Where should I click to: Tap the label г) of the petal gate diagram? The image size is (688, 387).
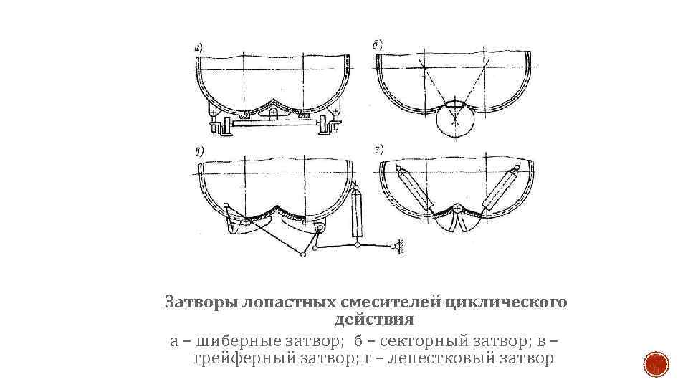pyautogui.click(x=378, y=150)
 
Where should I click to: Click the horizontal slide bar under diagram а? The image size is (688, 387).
pyautogui.click(x=273, y=125)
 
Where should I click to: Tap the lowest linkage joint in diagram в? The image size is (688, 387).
pyautogui.click(x=305, y=254)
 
